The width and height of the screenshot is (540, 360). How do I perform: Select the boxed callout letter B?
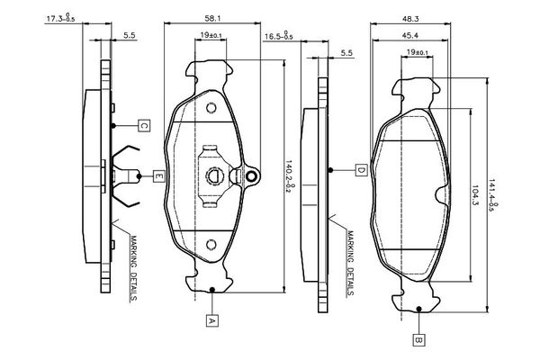click(x=418, y=340)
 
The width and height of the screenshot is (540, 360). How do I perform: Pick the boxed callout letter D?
click(x=359, y=170)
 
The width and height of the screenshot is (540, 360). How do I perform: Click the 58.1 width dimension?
click(x=213, y=17)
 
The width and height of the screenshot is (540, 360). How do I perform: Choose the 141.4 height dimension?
click(x=492, y=193)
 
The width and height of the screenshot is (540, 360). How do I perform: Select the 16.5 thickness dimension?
click(x=275, y=38)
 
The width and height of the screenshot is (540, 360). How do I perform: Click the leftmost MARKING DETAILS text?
click(x=131, y=267)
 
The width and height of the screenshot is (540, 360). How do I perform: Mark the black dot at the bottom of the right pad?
click(x=418, y=311)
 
